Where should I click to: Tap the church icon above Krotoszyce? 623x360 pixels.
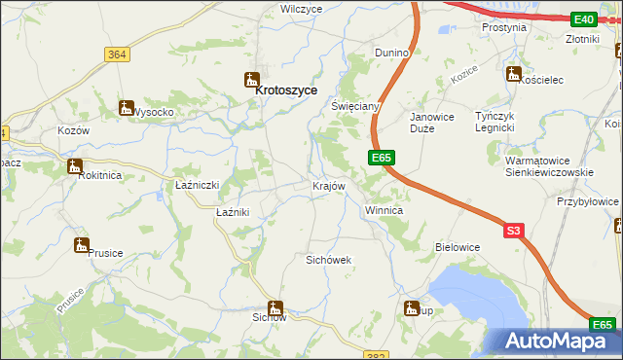click(x=252, y=80)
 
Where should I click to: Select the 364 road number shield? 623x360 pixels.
click(x=117, y=55)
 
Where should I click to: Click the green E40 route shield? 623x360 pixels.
click(x=584, y=19)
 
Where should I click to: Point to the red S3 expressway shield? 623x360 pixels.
click(x=515, y=231)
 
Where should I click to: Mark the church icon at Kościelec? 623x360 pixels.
click(x=513, y=73)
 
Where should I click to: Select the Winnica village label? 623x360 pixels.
click(x=384, y=210)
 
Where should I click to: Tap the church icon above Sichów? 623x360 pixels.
click(x=276, y=307)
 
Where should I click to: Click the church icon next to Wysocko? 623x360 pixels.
click(x=127, y=108)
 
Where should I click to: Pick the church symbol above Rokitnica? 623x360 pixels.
click(x=74, y=166)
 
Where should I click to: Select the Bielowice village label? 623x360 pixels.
click(x=458, y=247)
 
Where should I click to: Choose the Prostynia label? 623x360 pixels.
click(x=504, y=28)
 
